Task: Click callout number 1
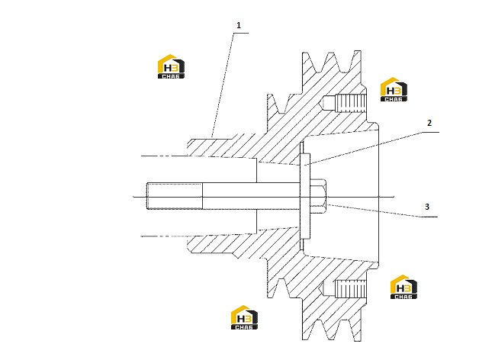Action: pyautogui.click(x=239, y=25)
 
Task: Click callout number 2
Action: pyautogui.click(x=429, y=123)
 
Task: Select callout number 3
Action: pyautogui.click(x=427, y=207)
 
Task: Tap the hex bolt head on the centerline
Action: pyautogui.click(x=318, y=196)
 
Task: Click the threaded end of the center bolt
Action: pyautogui.click(x=175, y=196)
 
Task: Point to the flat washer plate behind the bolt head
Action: pyautogui.click(x=305, y=196)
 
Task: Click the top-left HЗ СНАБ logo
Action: pyautogui.click(x=171, y=66)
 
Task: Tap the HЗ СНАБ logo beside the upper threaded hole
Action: pyautogui.click(x=394, y=89)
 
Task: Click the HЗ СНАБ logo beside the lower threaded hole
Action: pyautogui.click(x=403, y=287)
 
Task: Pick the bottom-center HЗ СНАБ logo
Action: pyautogui.click(x=244, y=317)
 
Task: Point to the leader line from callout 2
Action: pyautogui.click(x=371, y=149)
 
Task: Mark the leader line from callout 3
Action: pyautogui.click(x=382, y=211)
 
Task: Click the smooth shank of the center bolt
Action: pyautogui.click(x=251, y=196)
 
